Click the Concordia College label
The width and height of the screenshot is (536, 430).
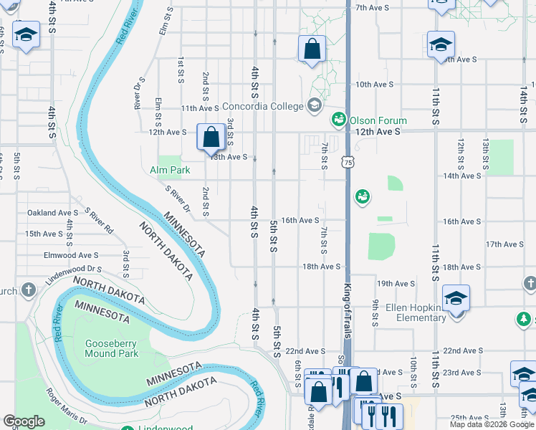(262, 106)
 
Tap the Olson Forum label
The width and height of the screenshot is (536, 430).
(378, 120)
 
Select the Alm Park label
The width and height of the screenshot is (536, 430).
(170, 171)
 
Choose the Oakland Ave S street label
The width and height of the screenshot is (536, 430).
(52, 213)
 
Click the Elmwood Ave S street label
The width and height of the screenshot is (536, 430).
(70, 255)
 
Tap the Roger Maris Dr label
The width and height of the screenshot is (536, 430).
(66, 406)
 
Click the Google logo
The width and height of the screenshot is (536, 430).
(24, 421)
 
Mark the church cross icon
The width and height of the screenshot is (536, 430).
(28, 290)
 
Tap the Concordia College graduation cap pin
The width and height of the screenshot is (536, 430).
(314, 106)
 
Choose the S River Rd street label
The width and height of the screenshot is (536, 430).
(99, 221)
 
